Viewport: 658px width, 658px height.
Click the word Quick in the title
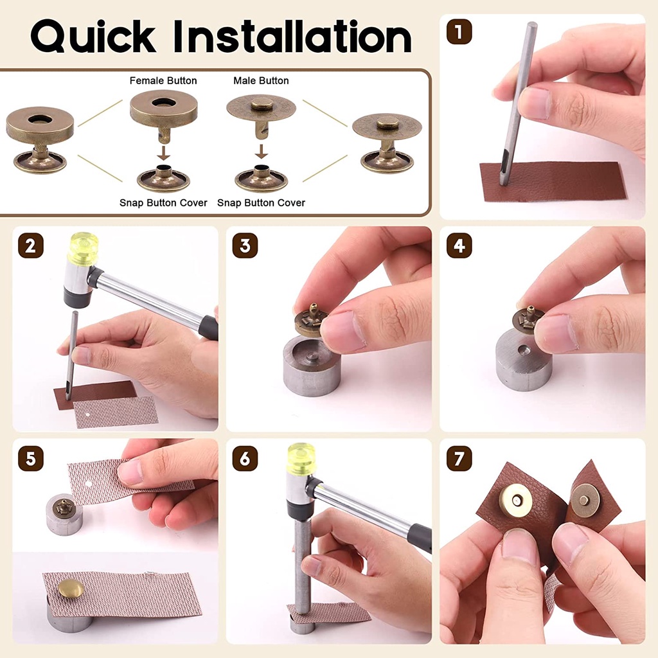click(94, 37)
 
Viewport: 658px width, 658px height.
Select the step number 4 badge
click(459, 245)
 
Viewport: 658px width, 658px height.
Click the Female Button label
click(163, 81)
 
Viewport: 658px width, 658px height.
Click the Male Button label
click(261, 81)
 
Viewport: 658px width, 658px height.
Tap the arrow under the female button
click(163, 153)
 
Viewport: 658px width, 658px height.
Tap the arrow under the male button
click(261, 153)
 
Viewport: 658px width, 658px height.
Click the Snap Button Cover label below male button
click(261, 203)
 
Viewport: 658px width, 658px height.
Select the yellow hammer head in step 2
click(83, 247)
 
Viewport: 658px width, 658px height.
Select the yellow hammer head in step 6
click(301, 458)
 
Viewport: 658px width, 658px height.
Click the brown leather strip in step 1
click(553, 181)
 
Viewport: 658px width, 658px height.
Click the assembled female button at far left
click(40, 140)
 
